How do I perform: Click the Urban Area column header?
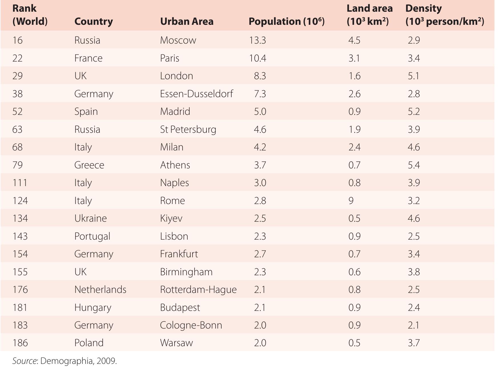tap(187, 21)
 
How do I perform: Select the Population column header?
tap(286, 21)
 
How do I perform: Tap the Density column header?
tap(444, 15)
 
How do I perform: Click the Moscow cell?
tap(178, 40)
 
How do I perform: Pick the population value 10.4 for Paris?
tap(257, 58)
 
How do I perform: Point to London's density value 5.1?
tap(413, 76)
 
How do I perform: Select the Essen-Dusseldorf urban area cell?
tap(197, 94)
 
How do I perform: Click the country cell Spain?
tap(86, 111)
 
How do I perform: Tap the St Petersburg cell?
tap(188, 129)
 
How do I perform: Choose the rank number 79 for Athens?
tap(17, 165)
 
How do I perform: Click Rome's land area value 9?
tap(351, 201)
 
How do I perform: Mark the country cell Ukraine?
tap(90, 218)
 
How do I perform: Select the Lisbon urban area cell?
tap(174, 236)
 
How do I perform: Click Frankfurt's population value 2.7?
tap(260, 254)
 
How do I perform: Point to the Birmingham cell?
tap(186, 272)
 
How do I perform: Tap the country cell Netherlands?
tap(100, 289)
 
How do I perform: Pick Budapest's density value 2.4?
tap(414, 307)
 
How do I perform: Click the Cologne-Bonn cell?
tap(191, 325)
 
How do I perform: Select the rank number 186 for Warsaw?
tap(20, 343)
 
